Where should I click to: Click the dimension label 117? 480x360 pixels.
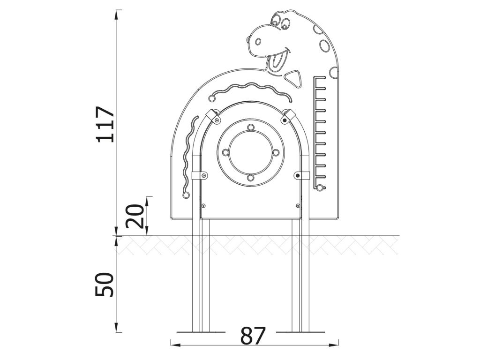click(x=105, y=124)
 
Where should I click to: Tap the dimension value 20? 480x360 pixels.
click(x=135, y=217)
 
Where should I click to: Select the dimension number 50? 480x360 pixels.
click(x=105, y=285)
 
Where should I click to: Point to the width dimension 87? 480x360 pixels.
click(x=253, y=336)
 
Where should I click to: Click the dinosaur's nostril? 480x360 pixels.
click(x=258, y=41)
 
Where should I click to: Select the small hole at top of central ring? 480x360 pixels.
click(x=251, y=127)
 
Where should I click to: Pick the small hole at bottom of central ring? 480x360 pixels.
click(x=251, y=178)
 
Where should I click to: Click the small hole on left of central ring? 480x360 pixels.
click(x=225, y=152)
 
